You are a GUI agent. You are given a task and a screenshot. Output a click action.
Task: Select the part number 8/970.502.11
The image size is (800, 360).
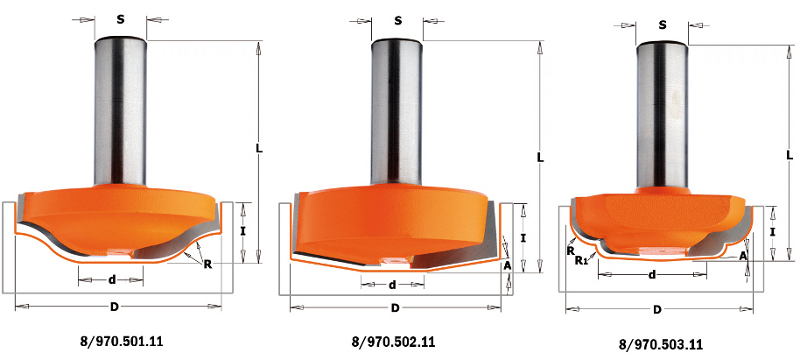[393, 342]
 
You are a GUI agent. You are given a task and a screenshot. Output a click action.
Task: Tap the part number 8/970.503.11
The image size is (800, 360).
[661, 345]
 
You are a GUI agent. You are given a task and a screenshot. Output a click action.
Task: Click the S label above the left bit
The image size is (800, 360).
[120, 20]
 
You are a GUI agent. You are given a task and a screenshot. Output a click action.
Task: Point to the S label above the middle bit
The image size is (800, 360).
[398, 21]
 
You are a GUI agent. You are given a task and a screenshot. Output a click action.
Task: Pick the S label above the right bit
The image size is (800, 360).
[662, 25]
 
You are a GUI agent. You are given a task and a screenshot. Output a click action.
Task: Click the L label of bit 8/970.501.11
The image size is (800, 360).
[258, 149]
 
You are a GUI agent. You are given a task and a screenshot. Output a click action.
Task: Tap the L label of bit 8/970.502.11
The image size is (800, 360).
[540, 158]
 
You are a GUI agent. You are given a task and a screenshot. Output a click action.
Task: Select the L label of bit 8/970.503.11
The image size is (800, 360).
[790, 156]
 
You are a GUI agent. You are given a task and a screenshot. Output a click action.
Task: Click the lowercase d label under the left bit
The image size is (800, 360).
[112, 279]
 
